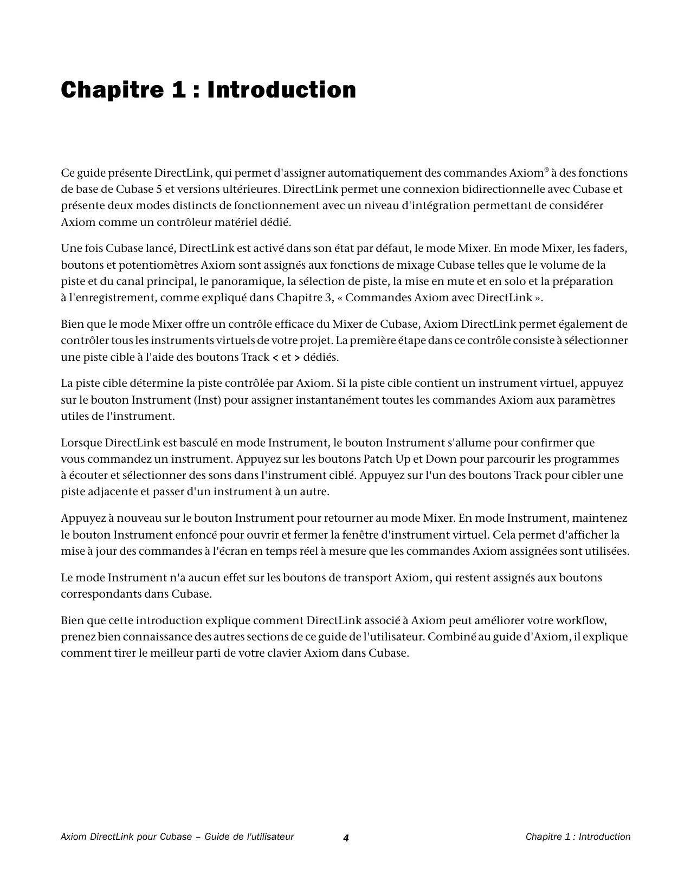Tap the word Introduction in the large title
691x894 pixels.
tap(282, 90)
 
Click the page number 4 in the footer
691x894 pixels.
tap(346, 838)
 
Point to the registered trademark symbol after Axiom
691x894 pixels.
tap(546, 170)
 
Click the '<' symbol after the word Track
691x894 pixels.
tap(275, 358)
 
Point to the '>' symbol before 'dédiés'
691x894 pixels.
tap(297, 358)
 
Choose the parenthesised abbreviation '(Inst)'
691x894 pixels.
tap(208, 400)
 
